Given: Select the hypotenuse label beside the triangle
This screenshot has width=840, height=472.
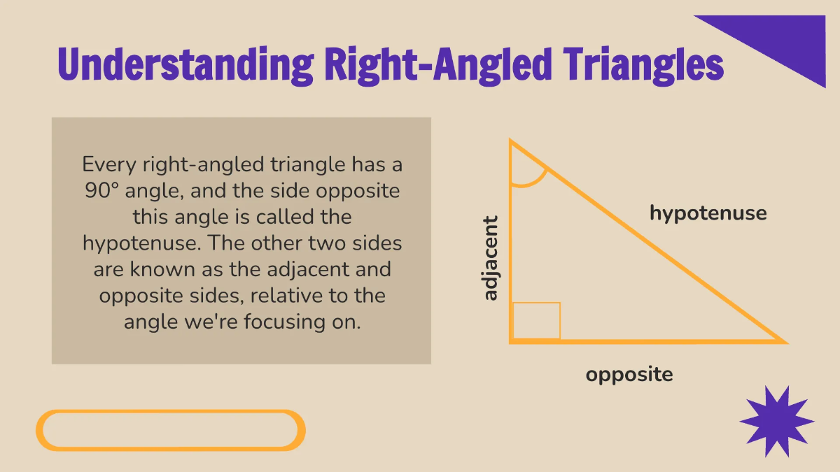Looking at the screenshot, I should (x=708, y=213).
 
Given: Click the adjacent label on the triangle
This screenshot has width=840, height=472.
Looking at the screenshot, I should (x=491, y=258).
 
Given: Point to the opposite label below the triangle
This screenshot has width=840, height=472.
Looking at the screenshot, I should (x=629, y=374).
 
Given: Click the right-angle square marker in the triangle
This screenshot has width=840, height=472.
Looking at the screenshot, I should (x=536, y=321).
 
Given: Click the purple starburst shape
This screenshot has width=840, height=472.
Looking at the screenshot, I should (x=776, y=422).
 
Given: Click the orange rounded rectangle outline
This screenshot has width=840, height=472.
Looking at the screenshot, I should (x=171, y=429).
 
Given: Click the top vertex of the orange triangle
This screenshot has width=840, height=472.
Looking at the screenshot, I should (x=511, y=141).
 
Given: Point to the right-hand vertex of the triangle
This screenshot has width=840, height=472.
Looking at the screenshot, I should (x=785, y=342).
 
